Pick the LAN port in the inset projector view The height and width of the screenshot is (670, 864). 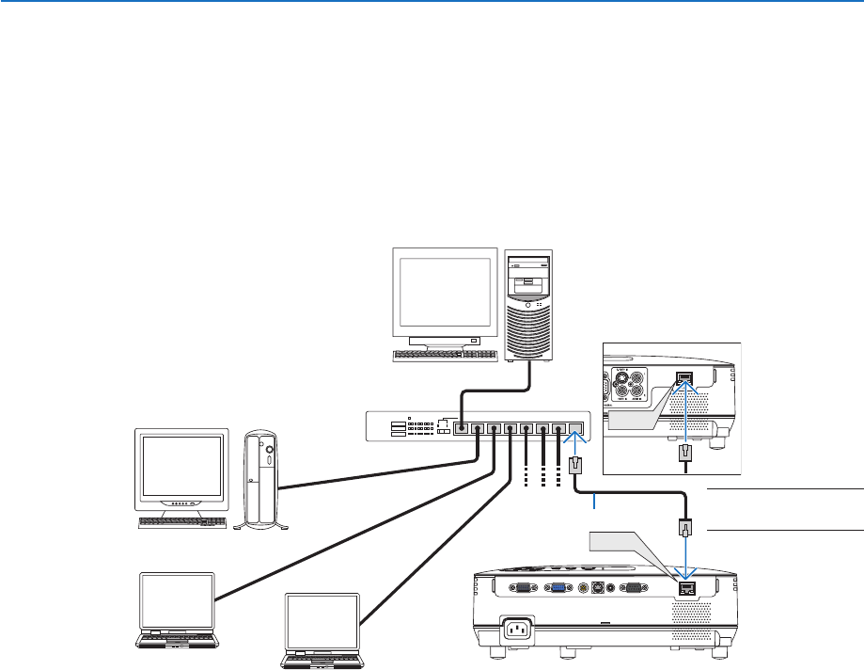[684, 380]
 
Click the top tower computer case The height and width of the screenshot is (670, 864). [528, 303]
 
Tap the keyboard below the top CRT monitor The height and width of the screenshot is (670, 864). [445, 355]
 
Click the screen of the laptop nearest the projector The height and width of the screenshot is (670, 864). [322, 621]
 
